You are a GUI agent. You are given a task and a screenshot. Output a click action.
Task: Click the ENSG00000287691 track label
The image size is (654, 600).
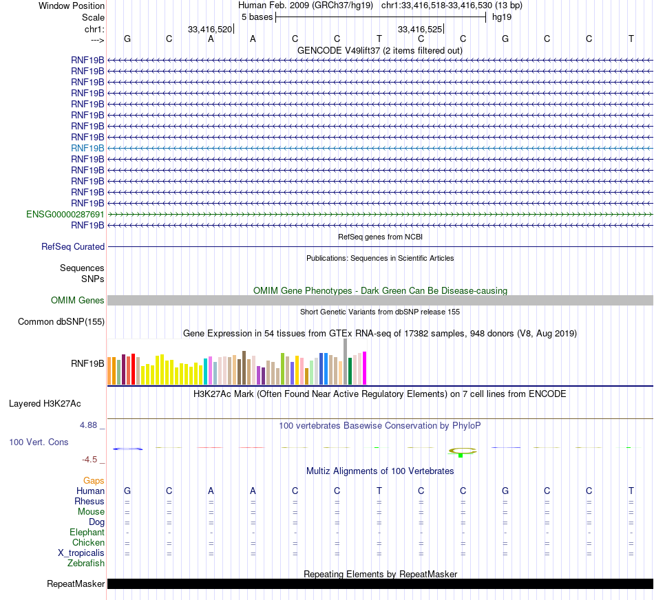[x=65, y=214]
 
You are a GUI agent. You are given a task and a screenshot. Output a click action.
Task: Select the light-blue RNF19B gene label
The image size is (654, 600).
[x=87, y=148]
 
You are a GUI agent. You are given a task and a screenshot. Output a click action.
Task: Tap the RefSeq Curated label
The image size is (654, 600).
[x=73, y=246]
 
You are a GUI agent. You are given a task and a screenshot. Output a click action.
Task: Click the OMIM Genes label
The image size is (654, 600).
[x=78, y=300]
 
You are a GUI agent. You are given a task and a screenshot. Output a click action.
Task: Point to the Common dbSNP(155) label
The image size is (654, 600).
[x=61, y=321]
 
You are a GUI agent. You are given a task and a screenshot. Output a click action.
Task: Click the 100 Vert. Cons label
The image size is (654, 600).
[x=39, y=442]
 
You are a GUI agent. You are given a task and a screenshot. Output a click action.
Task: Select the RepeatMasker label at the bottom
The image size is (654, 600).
[x=76, y=584]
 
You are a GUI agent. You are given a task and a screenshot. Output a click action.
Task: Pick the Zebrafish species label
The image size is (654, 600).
[x=86, y=563]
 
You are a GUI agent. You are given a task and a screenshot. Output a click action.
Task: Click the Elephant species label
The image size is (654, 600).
[x=87, y=532]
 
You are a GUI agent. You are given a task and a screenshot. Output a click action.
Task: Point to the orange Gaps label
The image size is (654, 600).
[x=94, y=480]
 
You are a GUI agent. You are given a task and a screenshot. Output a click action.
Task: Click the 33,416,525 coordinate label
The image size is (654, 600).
[x=420, y=30]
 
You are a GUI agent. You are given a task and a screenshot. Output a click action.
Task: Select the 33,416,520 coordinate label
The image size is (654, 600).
[x=210, y=30]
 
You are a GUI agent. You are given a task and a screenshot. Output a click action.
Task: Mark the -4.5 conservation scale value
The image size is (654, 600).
[x=92, y=459]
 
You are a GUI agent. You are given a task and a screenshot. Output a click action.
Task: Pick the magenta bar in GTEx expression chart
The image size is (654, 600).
[x=365, y=368]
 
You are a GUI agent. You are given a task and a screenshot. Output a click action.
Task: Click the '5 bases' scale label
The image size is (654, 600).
[x=257, y=17]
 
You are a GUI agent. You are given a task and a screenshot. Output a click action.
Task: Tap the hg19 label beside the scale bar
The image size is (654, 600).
[x=500, y=17]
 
